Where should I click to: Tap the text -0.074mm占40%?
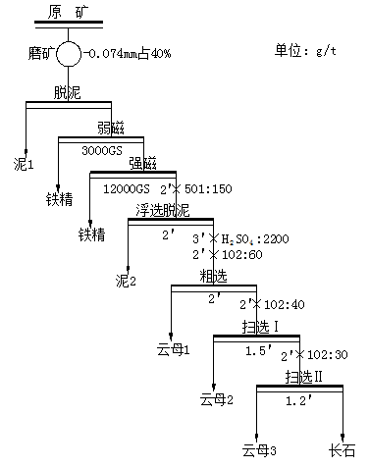[129, 53]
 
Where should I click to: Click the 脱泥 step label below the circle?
[68, 92]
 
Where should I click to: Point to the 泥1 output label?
[24, 162]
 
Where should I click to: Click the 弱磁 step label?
[111, 128]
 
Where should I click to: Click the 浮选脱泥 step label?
[163, 210]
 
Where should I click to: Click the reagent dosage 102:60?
[225, 255]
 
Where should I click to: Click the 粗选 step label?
[213, 276]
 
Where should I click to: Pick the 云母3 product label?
[259, 451]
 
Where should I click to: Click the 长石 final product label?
[343, 451]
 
